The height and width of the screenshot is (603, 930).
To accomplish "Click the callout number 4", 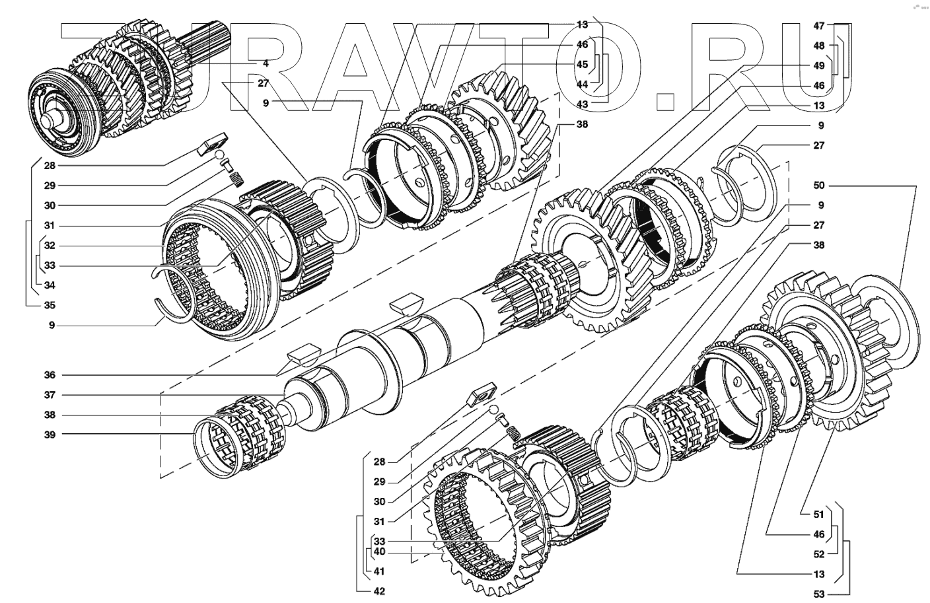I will (265, 63).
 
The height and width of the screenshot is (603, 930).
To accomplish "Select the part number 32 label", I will (50, 246).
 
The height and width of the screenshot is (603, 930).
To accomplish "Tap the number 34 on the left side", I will (50, 285).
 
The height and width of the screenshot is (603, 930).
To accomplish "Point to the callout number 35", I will (50, 306).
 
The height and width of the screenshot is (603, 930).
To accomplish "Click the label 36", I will (50, 375).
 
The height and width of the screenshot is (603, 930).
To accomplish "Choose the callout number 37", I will (50, 395).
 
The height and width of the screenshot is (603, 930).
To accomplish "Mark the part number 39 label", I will (50, 435).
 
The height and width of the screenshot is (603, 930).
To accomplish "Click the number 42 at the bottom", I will (378, 591).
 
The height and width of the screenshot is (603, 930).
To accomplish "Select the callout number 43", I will (582, 104).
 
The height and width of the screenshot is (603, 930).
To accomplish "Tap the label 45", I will (582, 65).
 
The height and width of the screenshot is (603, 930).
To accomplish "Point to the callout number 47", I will (819, 26).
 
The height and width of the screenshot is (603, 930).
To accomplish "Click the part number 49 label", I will (819, 65).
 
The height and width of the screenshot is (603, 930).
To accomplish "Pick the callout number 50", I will (819, 186).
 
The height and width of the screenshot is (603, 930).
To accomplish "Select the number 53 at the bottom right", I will (819, 594).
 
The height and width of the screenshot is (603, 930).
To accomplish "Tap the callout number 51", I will (819, 514).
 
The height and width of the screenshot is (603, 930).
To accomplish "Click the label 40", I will (378, 551).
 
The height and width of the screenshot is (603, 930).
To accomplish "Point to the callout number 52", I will (819, 554).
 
